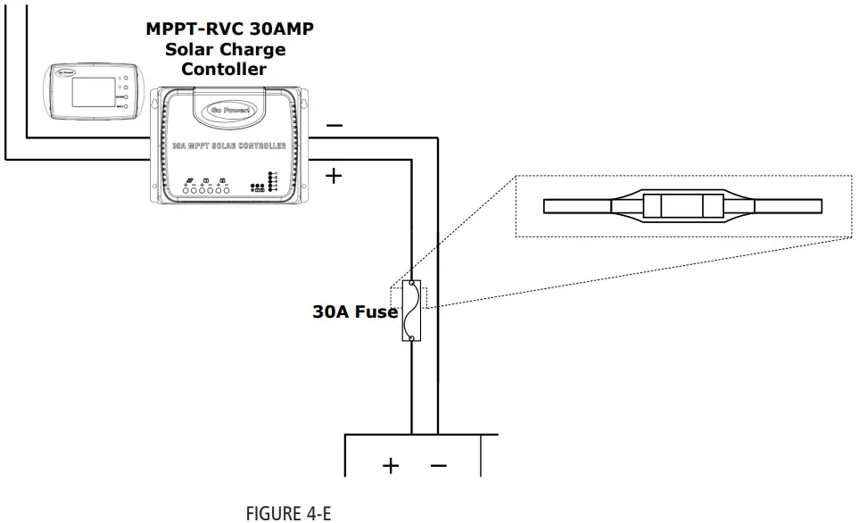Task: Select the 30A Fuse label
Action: (x=354, y=312)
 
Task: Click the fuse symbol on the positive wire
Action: (x=412, y=311)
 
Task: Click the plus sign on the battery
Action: (x=391, y=465)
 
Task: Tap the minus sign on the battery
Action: (x=438, y=465)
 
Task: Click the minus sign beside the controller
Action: (x=334, y=126)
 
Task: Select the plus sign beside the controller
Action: (x=334, y=176)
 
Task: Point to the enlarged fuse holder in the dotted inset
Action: (x=681, y=206)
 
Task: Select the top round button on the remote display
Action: (x=128, y=78)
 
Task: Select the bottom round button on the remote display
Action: (x=128, y=108)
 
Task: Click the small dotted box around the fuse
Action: (x=409, y=297)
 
